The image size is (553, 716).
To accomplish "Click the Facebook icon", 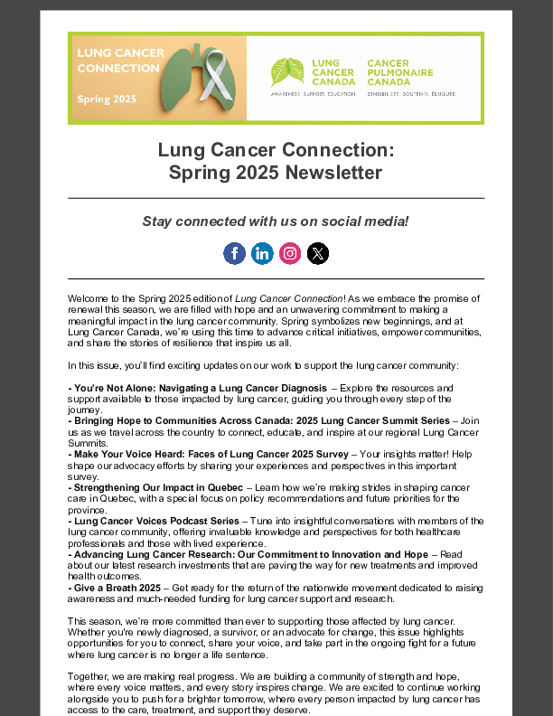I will tap(234, 253).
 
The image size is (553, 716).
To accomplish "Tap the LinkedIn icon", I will tap(262, 253).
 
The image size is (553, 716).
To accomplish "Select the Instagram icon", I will tap(290, 253).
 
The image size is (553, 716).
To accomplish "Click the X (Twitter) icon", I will tap(318, 253).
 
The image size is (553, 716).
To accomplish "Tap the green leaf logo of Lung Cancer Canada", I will tap(287, 71).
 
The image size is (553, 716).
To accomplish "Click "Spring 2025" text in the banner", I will tap(105, 99).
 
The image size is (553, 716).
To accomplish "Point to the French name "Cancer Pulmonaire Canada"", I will tap(400, 72).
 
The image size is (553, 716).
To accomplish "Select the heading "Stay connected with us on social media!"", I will tap(276, 221).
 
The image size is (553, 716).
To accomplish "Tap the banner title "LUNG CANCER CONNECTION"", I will tap(120, 61).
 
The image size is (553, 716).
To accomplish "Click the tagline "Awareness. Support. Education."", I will tap(314, 93).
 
